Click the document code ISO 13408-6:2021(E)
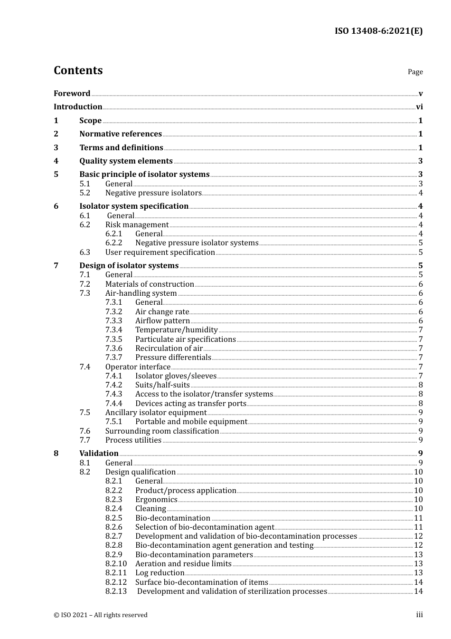[378, 31]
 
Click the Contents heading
[78, 70]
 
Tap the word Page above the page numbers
[415, 72]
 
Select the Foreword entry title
[72, 94]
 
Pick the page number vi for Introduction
[419, 107]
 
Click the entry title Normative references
[121, 134]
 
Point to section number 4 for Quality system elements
[56, 161]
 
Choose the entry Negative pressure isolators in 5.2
[153, 193]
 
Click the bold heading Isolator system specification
[134, 206]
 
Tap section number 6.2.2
[113, 243]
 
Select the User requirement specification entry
[160, 252]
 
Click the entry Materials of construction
[150, 284]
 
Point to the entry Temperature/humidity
[176, 330]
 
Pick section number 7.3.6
[113, 349]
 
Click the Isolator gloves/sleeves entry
[176, 376]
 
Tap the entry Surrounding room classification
[162, 431]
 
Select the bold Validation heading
[99, 454]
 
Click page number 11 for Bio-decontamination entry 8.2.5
[418, 518]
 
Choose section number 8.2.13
[116, 591]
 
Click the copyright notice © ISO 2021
[101, 615]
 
